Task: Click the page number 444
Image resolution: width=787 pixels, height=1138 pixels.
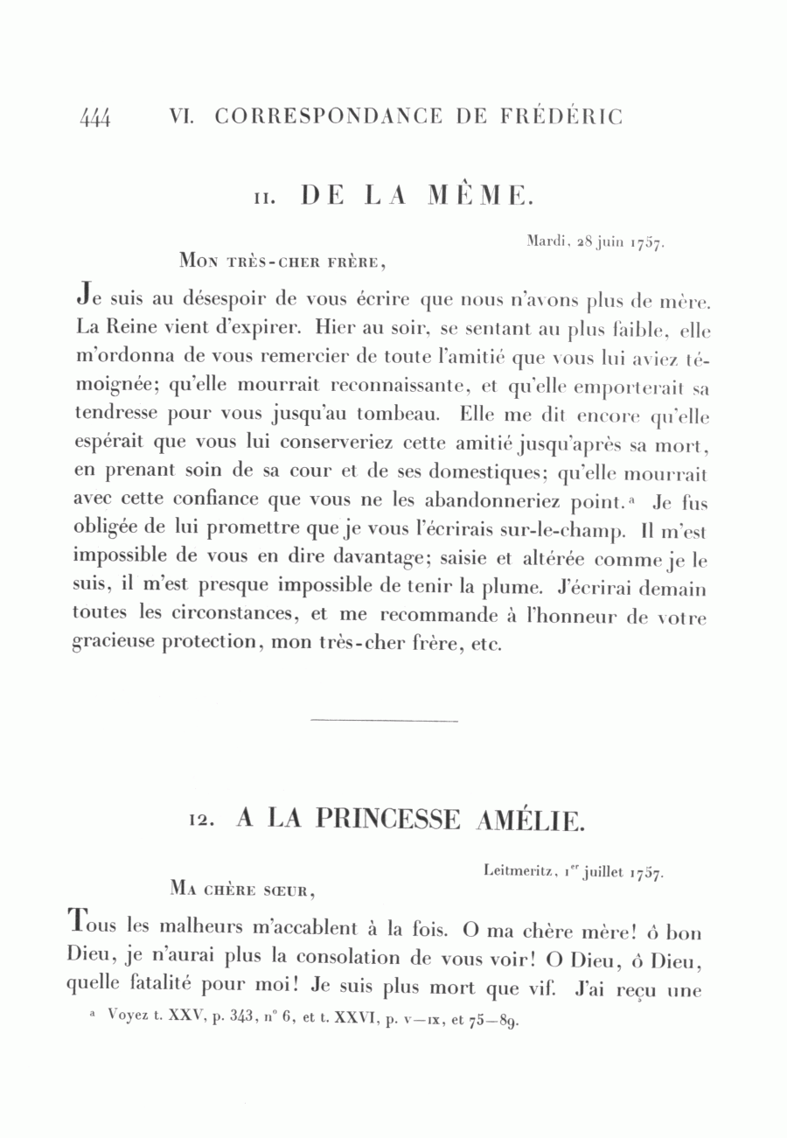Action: tap(94, 118)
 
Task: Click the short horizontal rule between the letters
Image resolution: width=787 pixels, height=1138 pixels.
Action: tap(384, 721)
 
